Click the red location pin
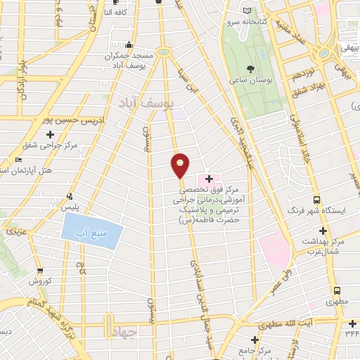coord(181,165)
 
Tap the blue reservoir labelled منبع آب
coord(92,231)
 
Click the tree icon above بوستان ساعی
coord(250,68)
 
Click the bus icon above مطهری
coord(337,290)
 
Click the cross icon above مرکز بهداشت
coord(323,231)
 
